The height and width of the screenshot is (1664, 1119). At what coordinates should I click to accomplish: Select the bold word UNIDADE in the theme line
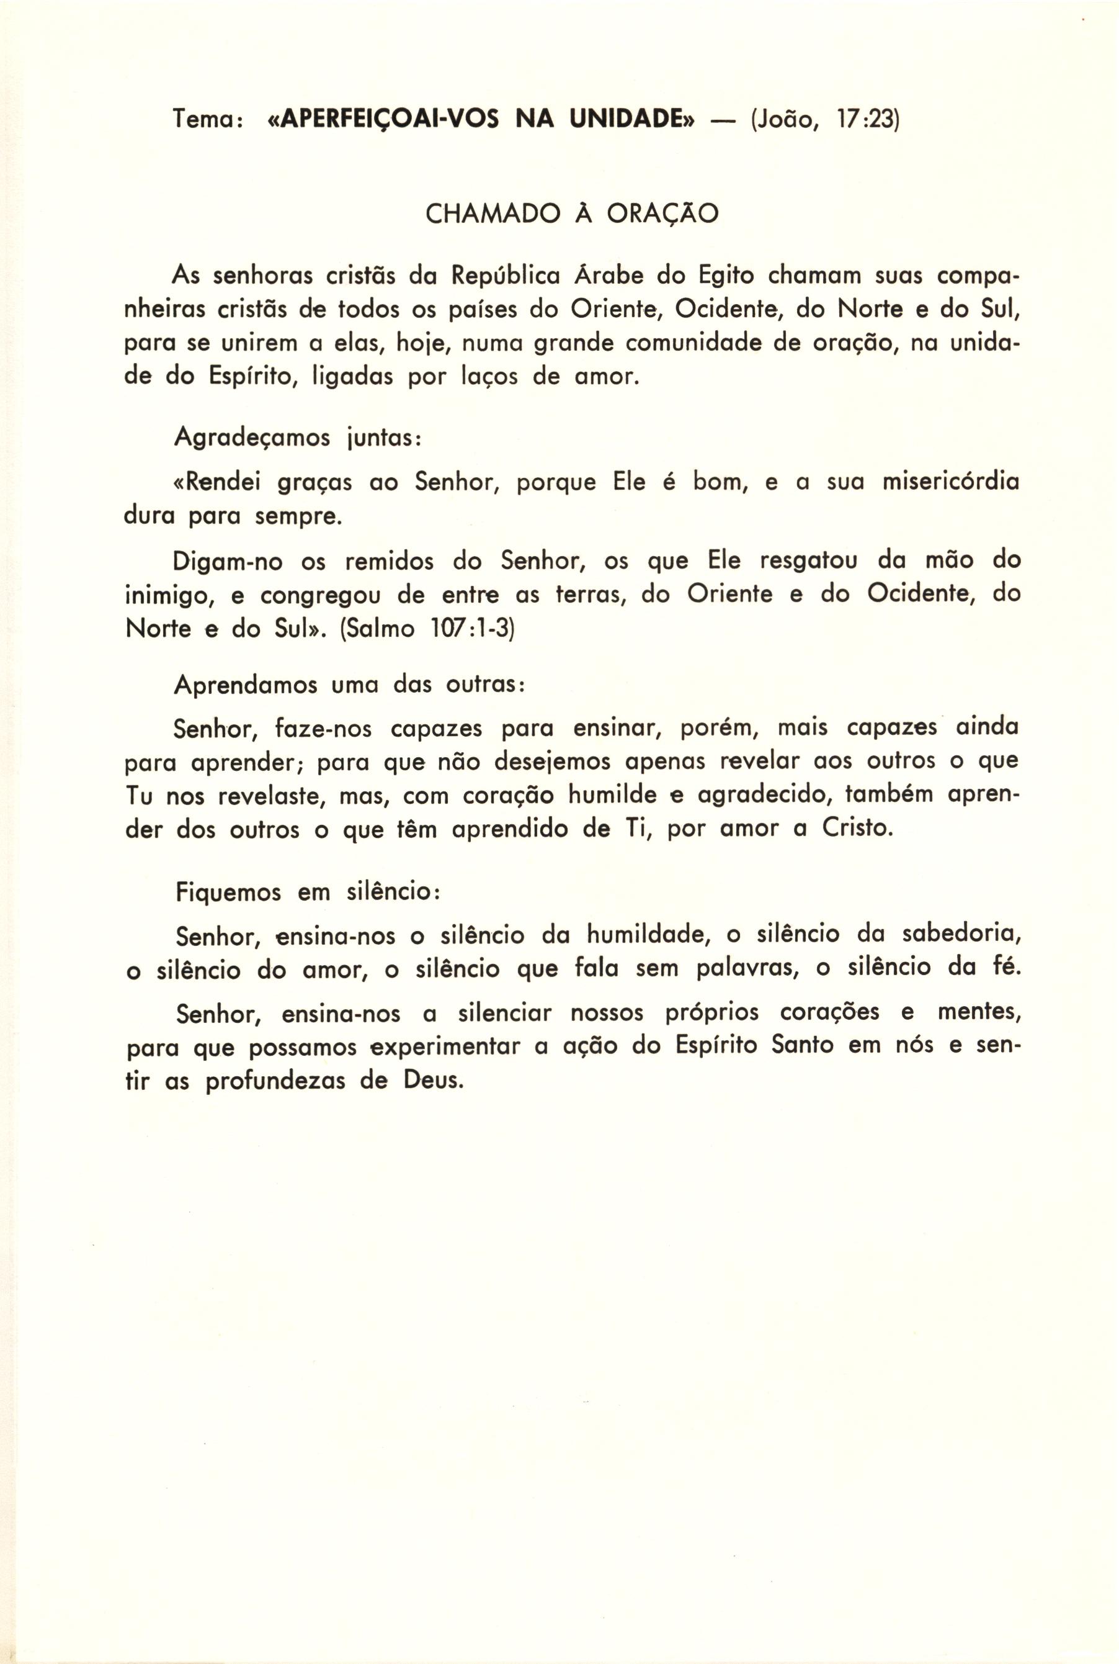pyautogui.click(x=631, y=119)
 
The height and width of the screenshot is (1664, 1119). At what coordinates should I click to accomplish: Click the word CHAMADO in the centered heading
pyautogui.click(x=493, y=214)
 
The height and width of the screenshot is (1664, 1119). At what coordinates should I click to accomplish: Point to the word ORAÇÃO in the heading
pyautogui.click(x=662, y=214)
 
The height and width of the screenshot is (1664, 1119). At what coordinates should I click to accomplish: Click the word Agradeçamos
pyautogui.click(x=252, y=437)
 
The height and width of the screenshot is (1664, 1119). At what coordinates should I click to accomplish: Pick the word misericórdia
pyautogui.click(x=950, y=483)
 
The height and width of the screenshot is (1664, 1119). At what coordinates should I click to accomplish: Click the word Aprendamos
pyautogui.click(x=246, y=685)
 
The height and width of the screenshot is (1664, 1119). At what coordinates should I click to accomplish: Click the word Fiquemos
pyautogui.click(x=228, y=893)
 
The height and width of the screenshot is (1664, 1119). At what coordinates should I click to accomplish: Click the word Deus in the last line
pyautogui.click(x=433, y=1081)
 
